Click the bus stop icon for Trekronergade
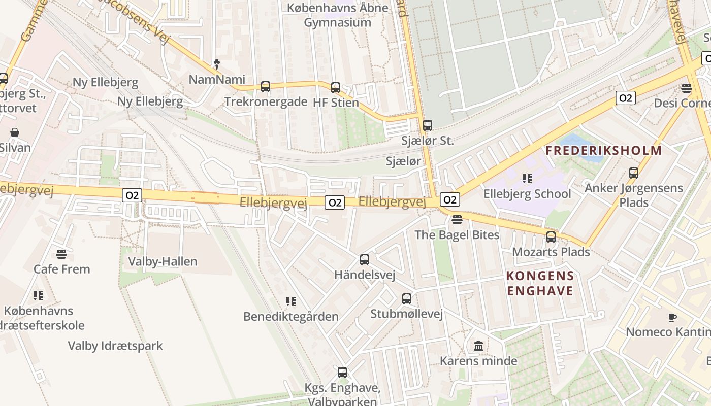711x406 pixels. (266, 87)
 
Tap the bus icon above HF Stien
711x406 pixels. (335, 88)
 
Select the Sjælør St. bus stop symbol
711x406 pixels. (428, 125)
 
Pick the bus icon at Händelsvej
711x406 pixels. (365, 260)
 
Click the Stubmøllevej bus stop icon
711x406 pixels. (407, 299)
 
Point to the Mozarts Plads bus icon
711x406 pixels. (551, 237)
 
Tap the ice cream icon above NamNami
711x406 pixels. (217, 64)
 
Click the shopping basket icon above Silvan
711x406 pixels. (15, 133)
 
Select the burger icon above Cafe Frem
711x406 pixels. (61, 254)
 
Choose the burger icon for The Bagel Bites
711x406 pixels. (457, 220)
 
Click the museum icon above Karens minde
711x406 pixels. (478, 346)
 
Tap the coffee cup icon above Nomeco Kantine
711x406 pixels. (672, 317)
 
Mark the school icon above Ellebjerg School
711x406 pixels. (527, 179)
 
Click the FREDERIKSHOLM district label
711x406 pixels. (604, 151)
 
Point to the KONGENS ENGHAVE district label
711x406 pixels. (540, 284)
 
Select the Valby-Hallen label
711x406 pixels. (163, 262)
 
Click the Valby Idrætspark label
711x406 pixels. (116, 346)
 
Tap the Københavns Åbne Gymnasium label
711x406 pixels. (338, 15)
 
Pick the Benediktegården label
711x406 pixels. (291, 317)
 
